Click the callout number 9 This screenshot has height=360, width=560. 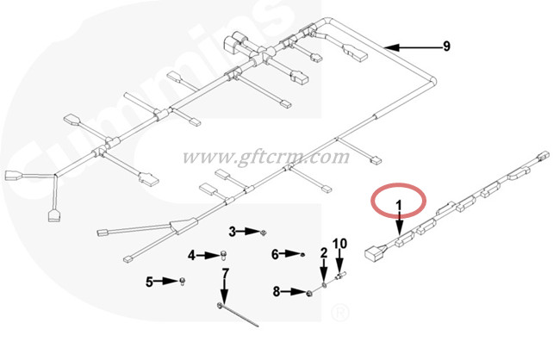point(446,47)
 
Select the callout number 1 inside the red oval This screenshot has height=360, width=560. point(399,205)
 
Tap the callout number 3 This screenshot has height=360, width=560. point(233,232)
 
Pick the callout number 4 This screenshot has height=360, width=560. point(192,255)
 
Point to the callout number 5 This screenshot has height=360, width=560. point(149,282)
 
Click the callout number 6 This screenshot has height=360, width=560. point(275,254)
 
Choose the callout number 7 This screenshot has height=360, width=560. point(225,273)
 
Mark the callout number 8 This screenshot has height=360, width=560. point(277,291)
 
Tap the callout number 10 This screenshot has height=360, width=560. point(339,244)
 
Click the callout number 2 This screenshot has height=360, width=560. point(324,253)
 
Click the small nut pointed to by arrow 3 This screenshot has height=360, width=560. point(264,233)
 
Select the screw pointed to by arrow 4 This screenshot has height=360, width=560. point(224,256)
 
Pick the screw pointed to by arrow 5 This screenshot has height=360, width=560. point(183,282)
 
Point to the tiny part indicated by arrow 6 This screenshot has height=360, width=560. point(303,255)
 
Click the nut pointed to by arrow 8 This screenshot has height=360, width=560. point(309,294)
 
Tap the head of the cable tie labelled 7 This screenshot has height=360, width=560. point(220,305)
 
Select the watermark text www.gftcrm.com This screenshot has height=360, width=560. point(266,157)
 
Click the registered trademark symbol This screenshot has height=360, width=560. point(339,313)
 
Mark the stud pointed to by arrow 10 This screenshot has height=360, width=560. point(340,276)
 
